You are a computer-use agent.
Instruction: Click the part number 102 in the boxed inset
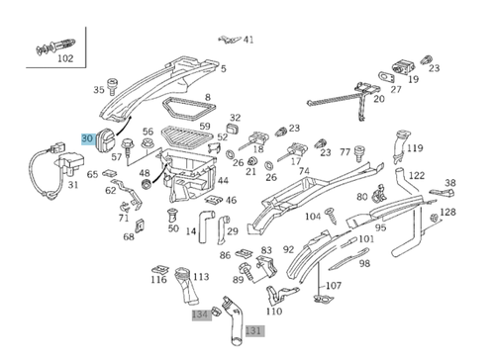tap(65, 58)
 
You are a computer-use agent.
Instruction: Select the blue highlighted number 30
tap(87, 140)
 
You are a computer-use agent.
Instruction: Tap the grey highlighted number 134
tap(200, 314)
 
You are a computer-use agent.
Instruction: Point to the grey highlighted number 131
tap(254, 330)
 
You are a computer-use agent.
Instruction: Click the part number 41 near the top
tap(248, 40)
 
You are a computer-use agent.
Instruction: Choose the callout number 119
tap(414, 148)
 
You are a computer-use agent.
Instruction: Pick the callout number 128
tap(447, 212)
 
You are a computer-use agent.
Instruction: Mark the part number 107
tap(334, 286)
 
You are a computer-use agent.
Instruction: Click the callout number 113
tap(201, 277)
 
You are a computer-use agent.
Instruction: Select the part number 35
tap(99, 90)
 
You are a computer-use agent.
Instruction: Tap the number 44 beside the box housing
tap(223, 181)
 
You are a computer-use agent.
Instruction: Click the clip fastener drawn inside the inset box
tap(50, 44)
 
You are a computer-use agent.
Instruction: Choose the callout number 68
tap(129, 236)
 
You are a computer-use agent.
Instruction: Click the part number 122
tap(417, 175)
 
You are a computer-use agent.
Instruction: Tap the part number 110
tap(274, 311)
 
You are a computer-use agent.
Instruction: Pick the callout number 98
tap(364, 263)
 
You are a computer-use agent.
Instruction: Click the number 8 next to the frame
tap(207, 97)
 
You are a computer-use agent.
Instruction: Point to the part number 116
tap(158, 280)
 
